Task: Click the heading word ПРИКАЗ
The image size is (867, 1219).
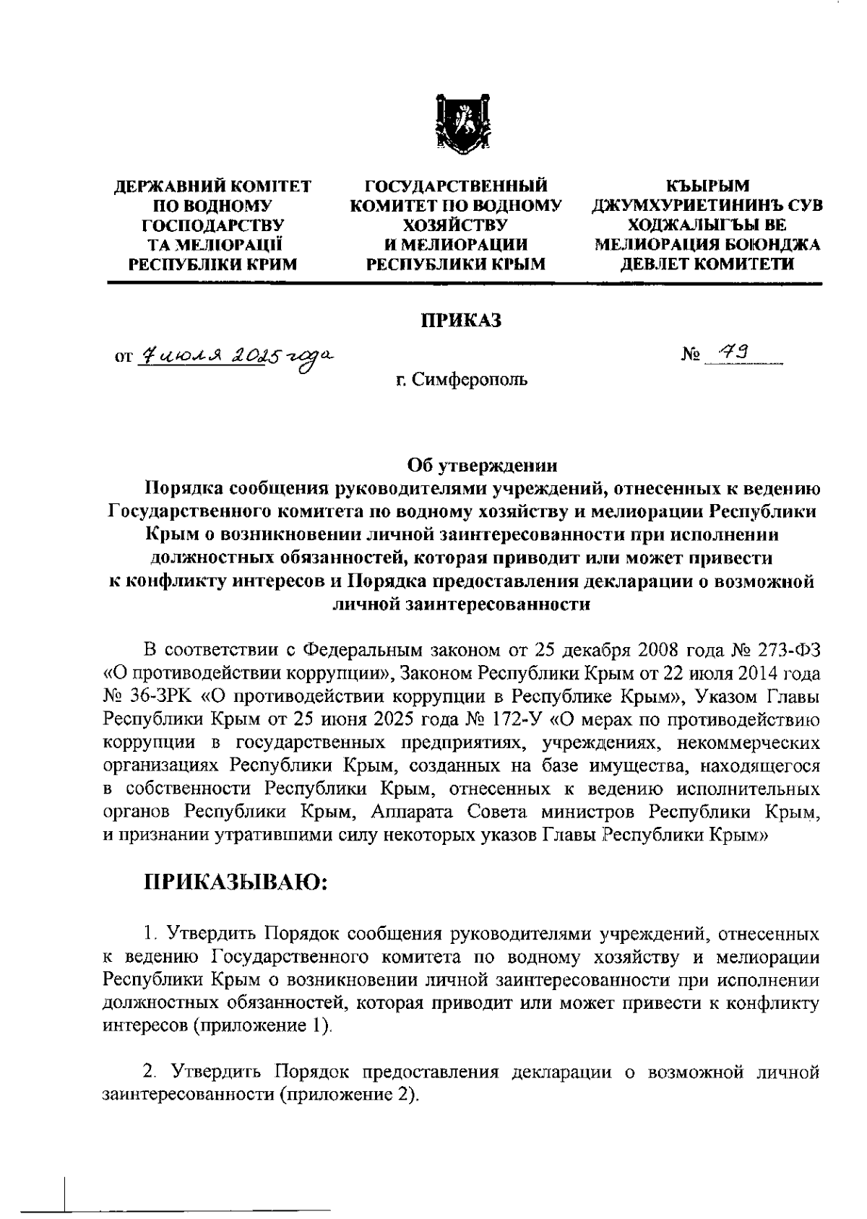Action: coord(462,321)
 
